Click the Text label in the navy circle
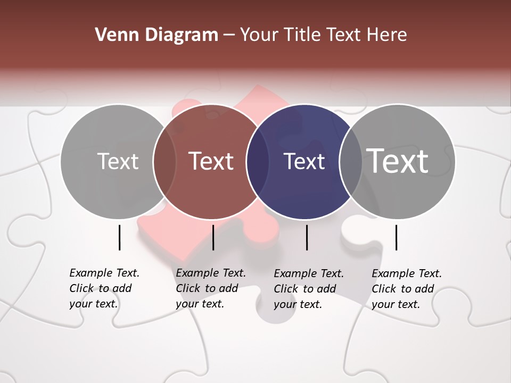304,162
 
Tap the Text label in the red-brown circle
211,161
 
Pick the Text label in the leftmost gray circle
118,161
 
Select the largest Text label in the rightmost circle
398,161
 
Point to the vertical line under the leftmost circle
119,237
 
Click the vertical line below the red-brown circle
213,237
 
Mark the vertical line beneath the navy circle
307,237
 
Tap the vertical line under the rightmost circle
396,237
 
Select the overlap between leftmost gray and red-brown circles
164,162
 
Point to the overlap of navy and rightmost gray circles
350,162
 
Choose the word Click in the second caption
188,288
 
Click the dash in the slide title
229,35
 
